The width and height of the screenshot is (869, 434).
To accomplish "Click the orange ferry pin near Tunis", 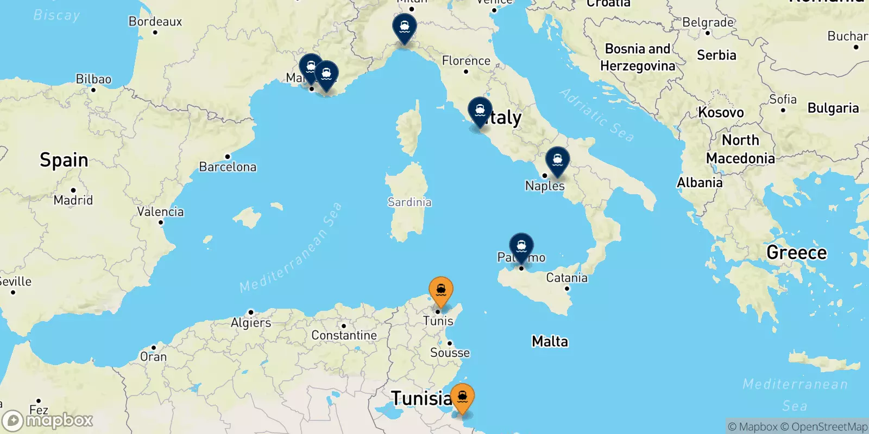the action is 440,290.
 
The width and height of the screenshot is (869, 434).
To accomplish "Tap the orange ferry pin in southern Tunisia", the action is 462,398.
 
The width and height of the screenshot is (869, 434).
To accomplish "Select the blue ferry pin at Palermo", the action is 521,247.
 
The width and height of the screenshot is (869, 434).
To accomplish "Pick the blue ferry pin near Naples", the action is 557,161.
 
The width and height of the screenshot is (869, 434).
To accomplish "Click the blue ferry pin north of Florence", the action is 405,27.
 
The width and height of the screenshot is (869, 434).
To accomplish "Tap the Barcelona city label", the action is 228,167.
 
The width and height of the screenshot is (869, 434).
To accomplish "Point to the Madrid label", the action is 73,200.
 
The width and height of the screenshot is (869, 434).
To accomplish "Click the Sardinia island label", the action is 410,202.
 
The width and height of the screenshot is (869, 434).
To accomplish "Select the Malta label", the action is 550,341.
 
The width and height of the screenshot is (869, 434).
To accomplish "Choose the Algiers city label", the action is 251,323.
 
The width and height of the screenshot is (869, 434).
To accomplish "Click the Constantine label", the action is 344,335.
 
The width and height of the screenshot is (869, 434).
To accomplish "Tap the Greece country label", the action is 796,253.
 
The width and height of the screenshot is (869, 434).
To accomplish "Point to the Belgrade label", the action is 708,23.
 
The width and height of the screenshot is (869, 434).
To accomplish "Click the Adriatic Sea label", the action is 596,115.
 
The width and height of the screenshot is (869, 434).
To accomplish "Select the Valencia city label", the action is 160,212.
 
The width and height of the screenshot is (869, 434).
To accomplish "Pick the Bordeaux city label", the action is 155,22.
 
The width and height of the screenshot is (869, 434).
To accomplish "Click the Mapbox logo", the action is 48,420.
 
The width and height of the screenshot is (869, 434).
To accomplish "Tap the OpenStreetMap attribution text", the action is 829,427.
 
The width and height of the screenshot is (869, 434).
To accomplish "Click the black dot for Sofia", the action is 783,110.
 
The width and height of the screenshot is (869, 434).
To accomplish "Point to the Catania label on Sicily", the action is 566,278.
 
